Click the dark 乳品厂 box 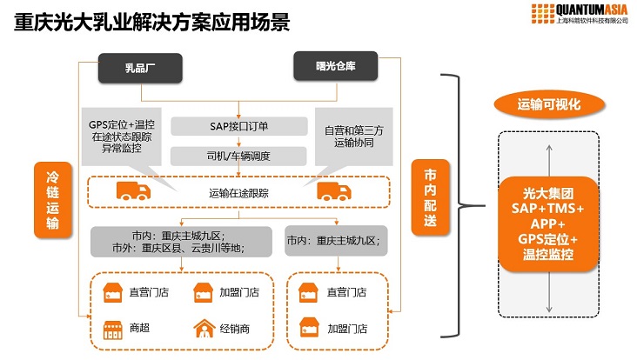pyautogui.click(x=140, y=68)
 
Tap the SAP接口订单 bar pyautogui.click(x=238, y=127)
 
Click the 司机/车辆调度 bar pyautogui.click(x=238, y=157)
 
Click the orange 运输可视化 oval pyautogui.click(x=548, y=105)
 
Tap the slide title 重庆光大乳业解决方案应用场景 pyautogui.click(x=152, y=22)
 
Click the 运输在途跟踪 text pyautogui.click(x=239, y=192)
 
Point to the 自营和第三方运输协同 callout pyautogui.click(x=346, y=130)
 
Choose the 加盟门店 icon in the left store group pyautogui.click(x=202, y=293)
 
